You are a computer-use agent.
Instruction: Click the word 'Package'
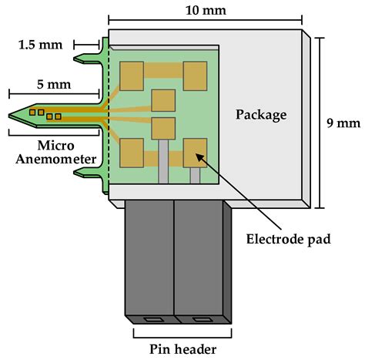pyautogui.click(x=260, y=116)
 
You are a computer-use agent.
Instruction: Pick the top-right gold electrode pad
pyautogui.click(x=195, y=76)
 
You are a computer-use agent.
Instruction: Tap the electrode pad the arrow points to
pyautogui.click(x=195, y=151)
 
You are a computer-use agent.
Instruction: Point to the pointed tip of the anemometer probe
pyautogui.click(x=12, y=116)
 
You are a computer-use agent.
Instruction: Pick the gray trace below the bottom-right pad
pyautogui.click(x=195, y=175)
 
